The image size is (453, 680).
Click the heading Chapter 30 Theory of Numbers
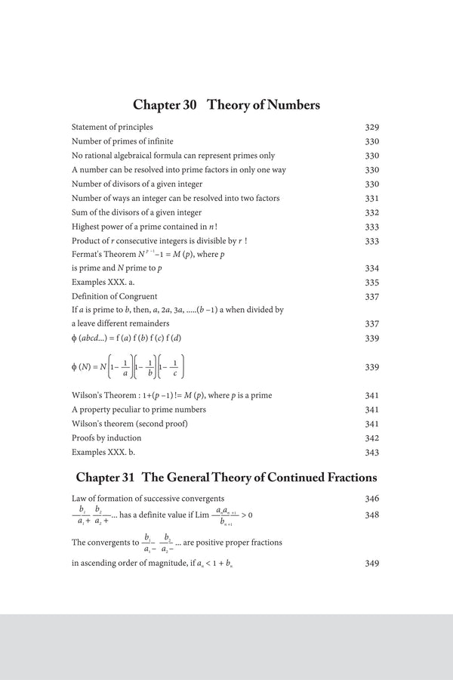[226, 105]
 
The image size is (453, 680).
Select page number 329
[371, 128]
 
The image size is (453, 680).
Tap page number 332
[371, 212]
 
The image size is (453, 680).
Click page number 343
[371, 452]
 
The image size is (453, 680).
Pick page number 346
[371, 499]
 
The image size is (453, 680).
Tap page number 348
[371, 515]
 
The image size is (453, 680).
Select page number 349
[371, 564]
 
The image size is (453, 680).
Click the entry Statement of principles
[112, 128]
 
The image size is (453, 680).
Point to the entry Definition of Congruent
[114, 297]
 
